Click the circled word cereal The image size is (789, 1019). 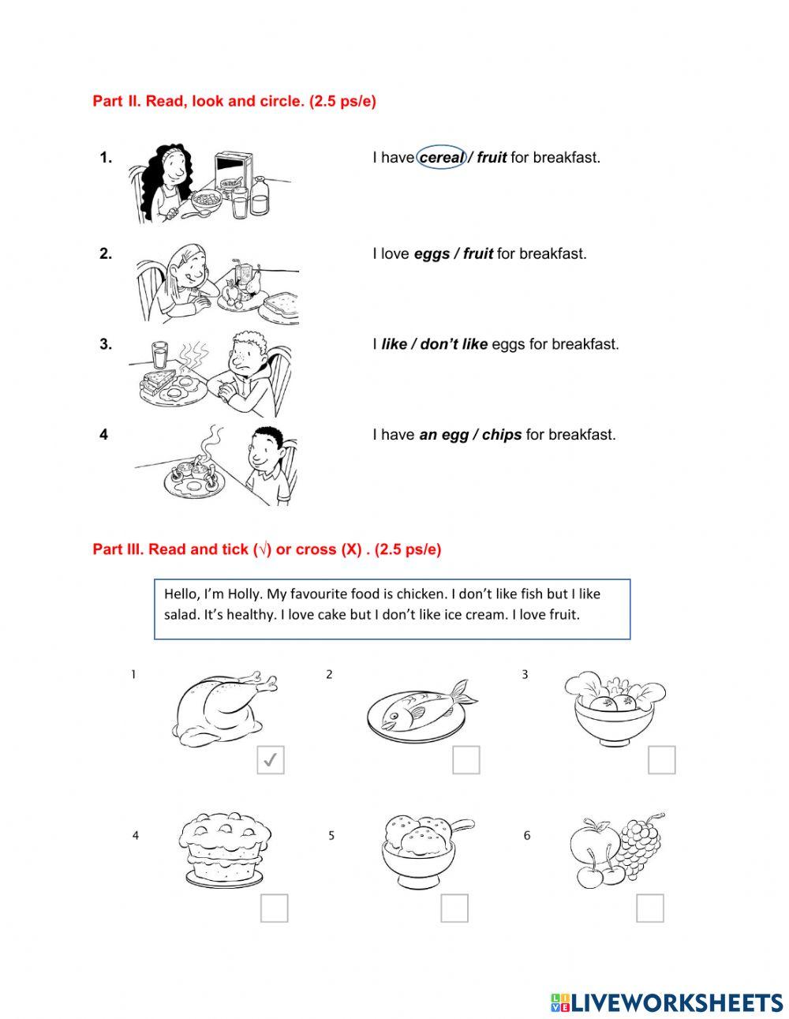(441, 158)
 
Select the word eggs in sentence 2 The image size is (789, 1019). (431, 254)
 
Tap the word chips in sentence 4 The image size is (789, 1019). (501, 435)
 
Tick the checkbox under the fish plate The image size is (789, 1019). (466, 760)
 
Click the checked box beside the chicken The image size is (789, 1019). (271, 760)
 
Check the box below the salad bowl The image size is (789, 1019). (662, 760)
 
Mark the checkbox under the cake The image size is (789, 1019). (275, 908)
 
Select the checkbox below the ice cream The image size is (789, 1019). (454, 908)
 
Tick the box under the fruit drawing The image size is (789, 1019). (650, 908)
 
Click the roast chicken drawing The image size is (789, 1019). (222, 705)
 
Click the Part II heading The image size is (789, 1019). (234, 102)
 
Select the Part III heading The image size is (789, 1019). (267, 549)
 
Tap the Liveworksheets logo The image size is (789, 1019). (667, 1002)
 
